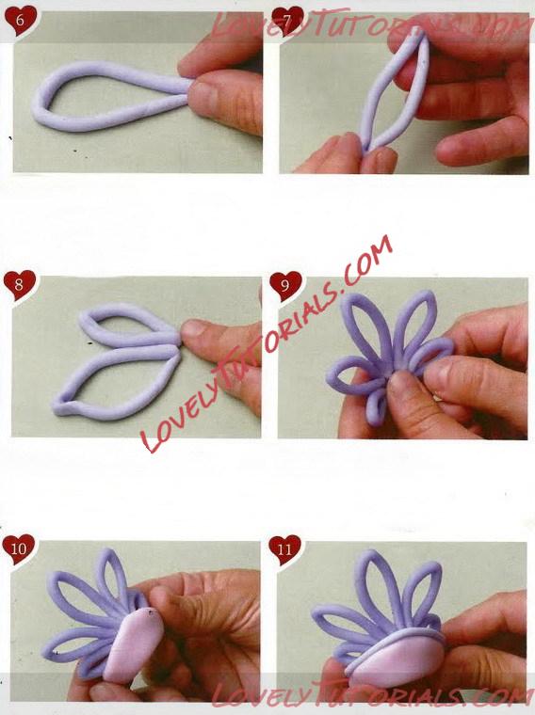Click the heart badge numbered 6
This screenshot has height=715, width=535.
pyautogui.click(x=20, y=20)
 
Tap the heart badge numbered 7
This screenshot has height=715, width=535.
pyautogui.click(x=287, y=20)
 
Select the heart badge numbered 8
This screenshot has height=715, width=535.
pyautogui.click(x=19, y=284)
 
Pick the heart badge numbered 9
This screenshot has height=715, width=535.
pyautogui.click(x=285, y=285)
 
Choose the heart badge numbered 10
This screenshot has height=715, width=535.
pyautogui.click(x=18, y=548)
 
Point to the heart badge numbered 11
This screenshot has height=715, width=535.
pyautogui.click(x=284, y=549)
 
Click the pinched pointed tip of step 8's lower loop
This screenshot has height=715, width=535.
pyautogui.click(x=58, y=405)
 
